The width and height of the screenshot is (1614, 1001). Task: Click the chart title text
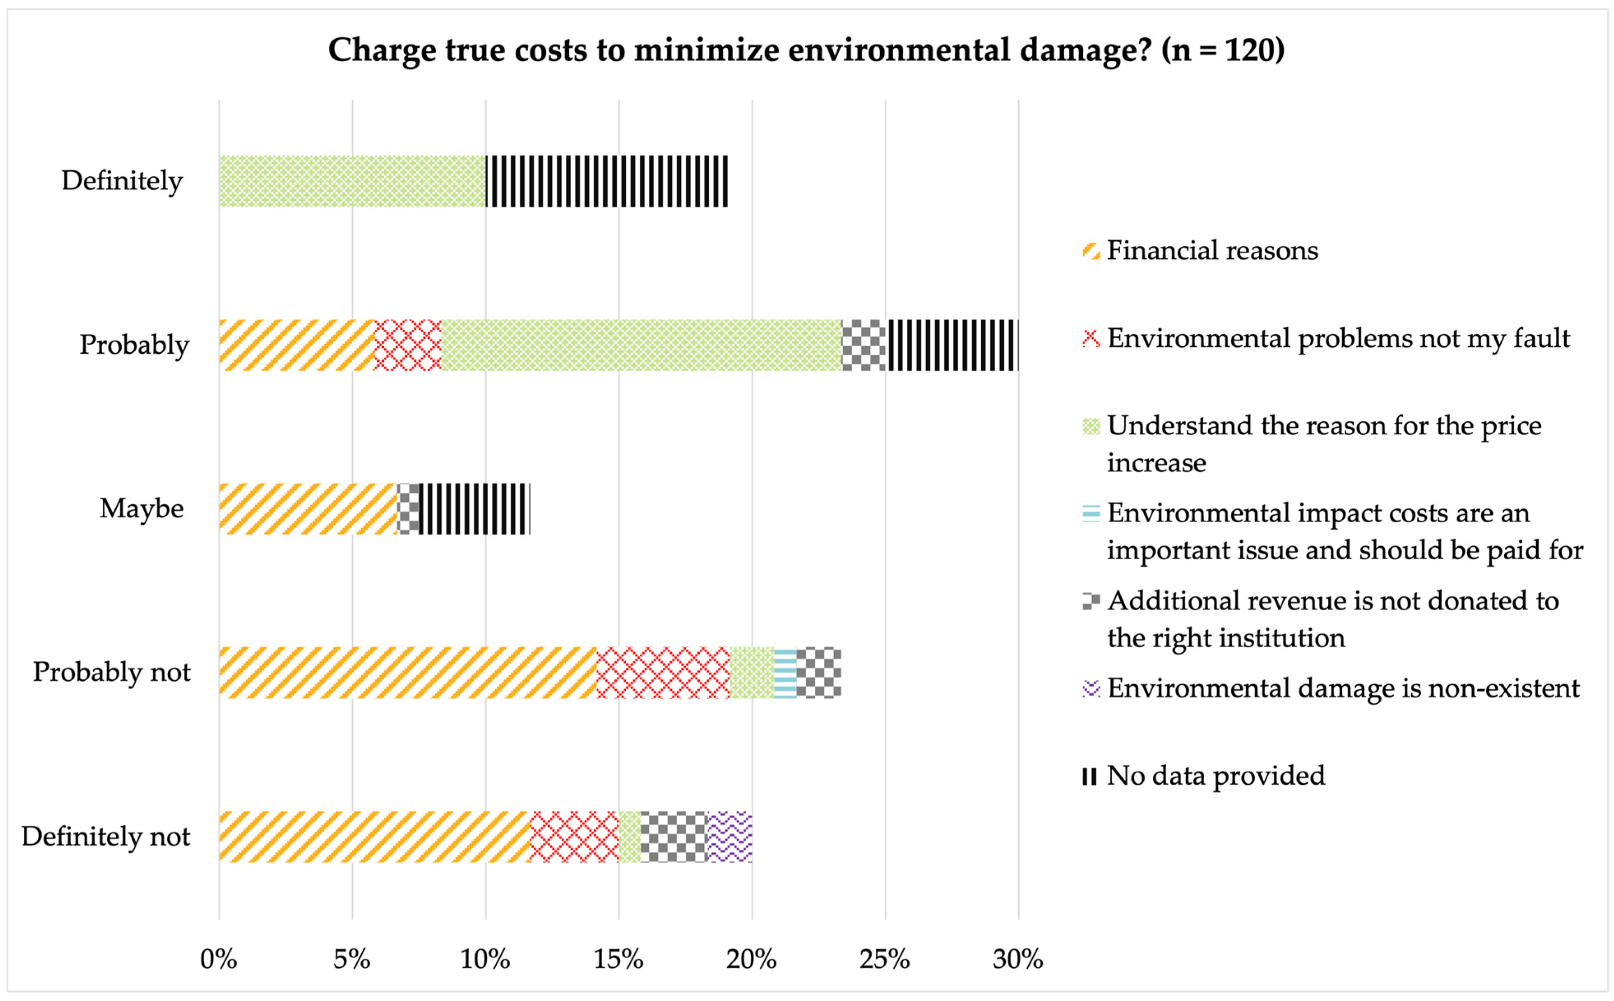click(x=806, y=50)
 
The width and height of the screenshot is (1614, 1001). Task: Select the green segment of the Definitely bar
click(x=352, y=181)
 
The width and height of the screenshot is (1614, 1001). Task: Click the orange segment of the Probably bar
click(x=296, y=345)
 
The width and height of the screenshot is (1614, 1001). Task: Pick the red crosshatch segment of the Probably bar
click(x=408, y=345)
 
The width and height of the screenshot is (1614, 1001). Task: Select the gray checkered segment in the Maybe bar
click(x=408, y=508)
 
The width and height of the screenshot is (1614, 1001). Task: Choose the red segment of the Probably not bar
click(x=663, y=673)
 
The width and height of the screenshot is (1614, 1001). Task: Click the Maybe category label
click(x=141, y=508)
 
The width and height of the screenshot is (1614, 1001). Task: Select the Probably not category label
click(x=112, y=672)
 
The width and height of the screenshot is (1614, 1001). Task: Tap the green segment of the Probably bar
click(x=641, y=345)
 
